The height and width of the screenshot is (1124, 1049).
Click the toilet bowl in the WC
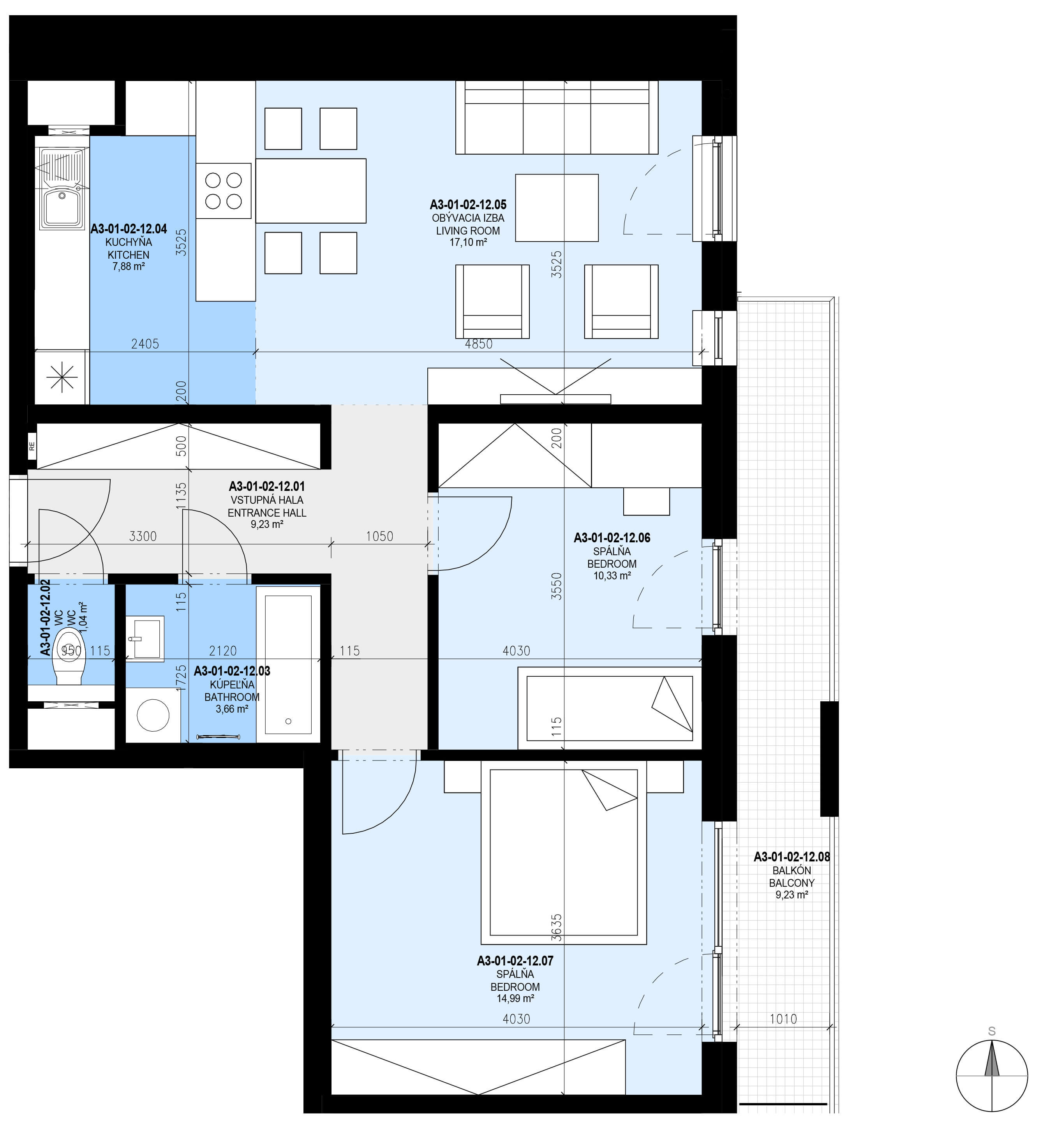coord(69,663)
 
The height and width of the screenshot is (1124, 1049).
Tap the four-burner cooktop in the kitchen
coord(223,191)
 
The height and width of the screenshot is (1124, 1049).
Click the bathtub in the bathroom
coord(288,664)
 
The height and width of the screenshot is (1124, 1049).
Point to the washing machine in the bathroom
coord(153,715)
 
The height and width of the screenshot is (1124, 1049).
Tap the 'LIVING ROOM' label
coord(468,231)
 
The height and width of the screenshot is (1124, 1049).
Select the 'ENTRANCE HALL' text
coord(267,513)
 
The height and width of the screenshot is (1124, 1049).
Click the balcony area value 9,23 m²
coord(792,895)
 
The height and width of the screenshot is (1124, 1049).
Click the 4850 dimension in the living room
coord(478,344)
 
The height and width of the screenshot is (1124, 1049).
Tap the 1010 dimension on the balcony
coord(783,1019)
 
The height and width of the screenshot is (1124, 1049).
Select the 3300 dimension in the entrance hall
coord(143,536)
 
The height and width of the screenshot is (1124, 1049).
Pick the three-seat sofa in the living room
coord(557,117)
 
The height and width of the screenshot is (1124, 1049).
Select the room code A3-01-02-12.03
coord(232,671)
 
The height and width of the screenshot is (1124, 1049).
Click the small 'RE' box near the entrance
coord(32,446)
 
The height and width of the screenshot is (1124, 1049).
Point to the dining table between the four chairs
coord(311,191)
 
